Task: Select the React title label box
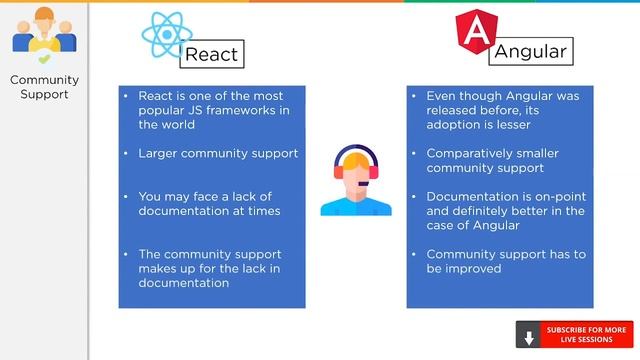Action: (211, 53)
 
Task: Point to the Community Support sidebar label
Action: (44, 87)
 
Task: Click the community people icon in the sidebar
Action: (44, 35)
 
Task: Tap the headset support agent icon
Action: (356, 181)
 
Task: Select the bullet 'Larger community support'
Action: (218, 153)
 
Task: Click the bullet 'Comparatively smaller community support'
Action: (492, 161)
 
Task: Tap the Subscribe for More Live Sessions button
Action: (586, 335)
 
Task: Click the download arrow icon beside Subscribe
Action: (529, 336)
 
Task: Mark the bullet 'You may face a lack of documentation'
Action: (209, 203)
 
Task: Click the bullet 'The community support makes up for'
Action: (210, 268)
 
